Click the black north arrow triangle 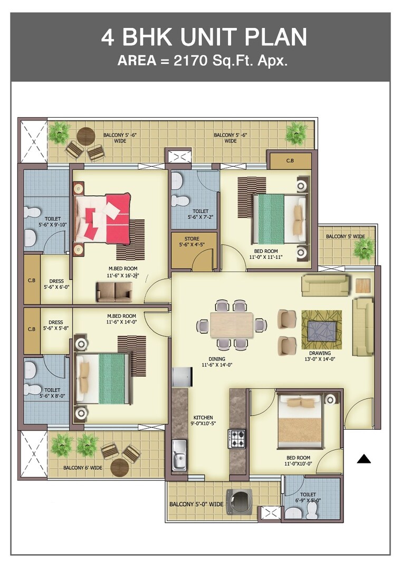364,459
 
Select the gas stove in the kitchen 236,439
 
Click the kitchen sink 179,455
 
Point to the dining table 231,325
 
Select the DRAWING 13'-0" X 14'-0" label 320,356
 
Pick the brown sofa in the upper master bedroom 114,291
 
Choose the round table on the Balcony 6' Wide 120,467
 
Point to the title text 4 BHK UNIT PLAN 204,37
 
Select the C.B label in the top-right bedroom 290,160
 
